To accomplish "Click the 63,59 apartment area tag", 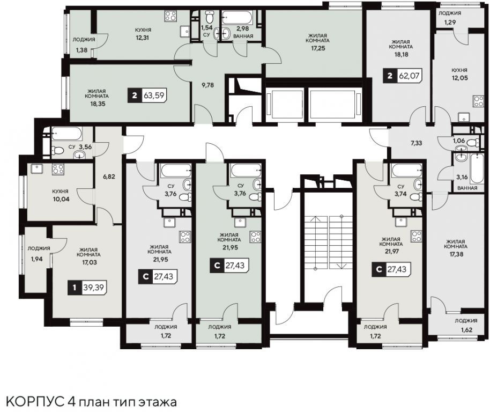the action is [x=147, y=95].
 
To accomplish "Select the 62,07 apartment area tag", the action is [x=403, y=76].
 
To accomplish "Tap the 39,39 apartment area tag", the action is [x=87, y=287].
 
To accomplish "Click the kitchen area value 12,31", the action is [x=143, y=38].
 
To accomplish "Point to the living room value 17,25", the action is [x=317, y=48].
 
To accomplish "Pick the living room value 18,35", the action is [x=98, y=104].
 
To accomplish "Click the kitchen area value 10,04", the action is [x=61, y=199].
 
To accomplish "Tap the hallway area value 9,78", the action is [x=207, y=85].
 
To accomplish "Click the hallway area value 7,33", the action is [x=416, y=143].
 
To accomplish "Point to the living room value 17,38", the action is [x=456, y=254].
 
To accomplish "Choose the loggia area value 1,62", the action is [x=466, y=329].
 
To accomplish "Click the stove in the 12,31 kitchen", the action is [x=171, y=16].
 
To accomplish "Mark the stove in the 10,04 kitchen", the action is [x=58, y=169].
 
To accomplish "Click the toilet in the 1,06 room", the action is [x=473, y=143].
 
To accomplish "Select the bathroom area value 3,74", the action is [x=401, y=194].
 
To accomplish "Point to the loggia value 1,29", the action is [x=450, y=23].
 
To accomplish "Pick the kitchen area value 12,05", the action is [x=459, y=78].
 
